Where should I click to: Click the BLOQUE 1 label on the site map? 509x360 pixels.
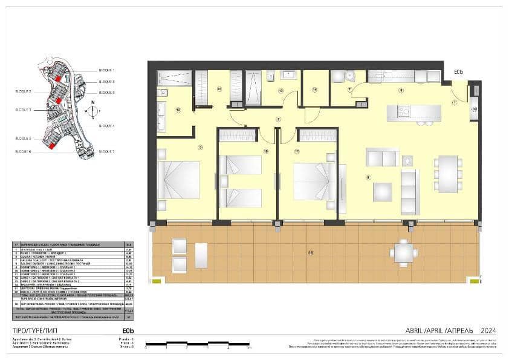(x=106, y=70)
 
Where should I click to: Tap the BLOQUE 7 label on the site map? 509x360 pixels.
(x=106, y=151)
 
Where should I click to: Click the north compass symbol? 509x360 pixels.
(x=92, y=111)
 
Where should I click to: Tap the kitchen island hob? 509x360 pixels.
(x=403, y=111)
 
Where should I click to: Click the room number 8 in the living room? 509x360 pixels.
(x=368, y=177)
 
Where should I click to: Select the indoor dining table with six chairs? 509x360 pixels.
(x=448, y=174)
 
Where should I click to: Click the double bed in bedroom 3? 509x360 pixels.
(x=179, y=180)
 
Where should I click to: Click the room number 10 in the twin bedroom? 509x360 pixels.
(x=265, y=151)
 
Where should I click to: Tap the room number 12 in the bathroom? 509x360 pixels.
(x=178, y=110)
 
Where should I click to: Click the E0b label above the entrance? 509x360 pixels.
(x=459, y=72)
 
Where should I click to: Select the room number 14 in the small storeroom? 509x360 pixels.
(x=315, y=90)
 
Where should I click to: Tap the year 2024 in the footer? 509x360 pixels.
(x=488, y=330)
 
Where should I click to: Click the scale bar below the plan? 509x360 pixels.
(x=197, y=344)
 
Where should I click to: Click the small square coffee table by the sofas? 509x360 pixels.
(x=382, y=192)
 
